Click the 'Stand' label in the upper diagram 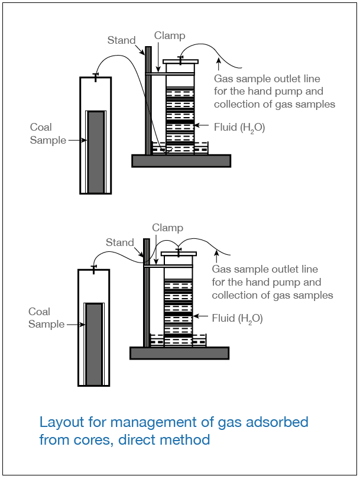[x=121, y=40]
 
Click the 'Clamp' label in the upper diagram [x=170, y=35]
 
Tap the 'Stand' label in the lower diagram [x=120, y=242]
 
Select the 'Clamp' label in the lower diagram [x=167, y=228]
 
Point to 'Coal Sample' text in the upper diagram [x=48, y=134]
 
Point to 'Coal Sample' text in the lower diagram [x=46, y=318]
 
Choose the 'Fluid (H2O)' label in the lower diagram [x=237, y=319]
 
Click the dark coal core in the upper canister [x=96, y=152]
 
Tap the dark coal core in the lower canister [x=94, y=343]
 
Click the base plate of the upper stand [x=181, y=161]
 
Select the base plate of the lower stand [x=179, y=353]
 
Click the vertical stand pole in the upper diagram [x=148, y=101]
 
